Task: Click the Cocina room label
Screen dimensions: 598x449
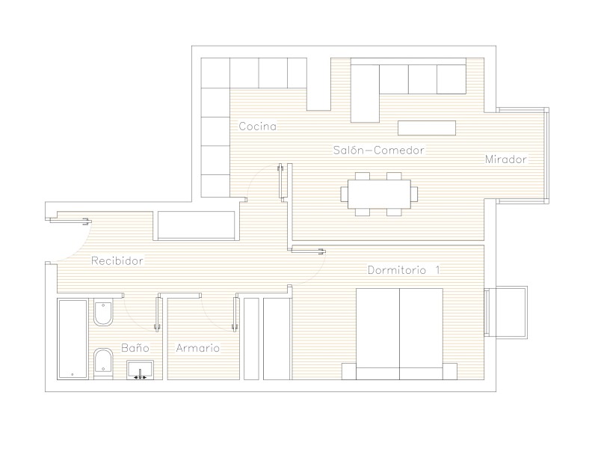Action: coord(257,126)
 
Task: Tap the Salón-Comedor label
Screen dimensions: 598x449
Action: coord(379,150)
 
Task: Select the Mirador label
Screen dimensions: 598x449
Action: coord(506,159)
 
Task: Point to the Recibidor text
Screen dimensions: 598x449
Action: coord(117,260)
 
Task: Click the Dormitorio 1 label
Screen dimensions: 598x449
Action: coord(404,270)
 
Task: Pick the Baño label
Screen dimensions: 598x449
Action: coord(135,347)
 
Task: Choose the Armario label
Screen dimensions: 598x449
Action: coord(197,348)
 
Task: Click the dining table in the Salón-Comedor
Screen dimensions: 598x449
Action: coord(379,194)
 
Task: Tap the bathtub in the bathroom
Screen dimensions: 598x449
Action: coord(73,339)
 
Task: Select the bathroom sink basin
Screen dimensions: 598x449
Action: coord(140,370)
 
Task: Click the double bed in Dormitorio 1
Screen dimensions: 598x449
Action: coord(399,334)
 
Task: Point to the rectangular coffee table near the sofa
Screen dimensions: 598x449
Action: coord(427,128)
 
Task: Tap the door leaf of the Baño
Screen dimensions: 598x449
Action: coord(157,314)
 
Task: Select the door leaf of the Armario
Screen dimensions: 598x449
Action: coord(235,314)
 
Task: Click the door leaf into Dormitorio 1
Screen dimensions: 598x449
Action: coord(309,251)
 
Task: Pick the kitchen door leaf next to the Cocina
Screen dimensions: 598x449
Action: coord(281,181)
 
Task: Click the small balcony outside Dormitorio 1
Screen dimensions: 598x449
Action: coord(506,312)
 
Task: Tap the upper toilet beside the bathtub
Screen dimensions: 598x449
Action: coord(103,313)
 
